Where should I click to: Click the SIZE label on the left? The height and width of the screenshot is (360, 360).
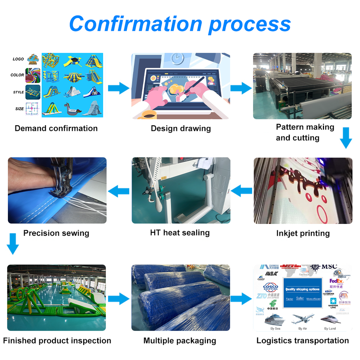pos(19,109)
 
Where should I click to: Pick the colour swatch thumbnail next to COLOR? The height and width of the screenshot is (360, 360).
pos(33,75)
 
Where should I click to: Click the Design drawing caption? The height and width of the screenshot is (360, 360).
pos(181,129)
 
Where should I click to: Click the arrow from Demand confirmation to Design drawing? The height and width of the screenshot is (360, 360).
pos(118,88)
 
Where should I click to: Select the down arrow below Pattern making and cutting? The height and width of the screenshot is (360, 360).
pos(345,138)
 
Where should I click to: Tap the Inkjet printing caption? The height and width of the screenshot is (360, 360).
pos(303,233)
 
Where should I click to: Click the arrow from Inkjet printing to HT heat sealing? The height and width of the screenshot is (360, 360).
pos(241,191)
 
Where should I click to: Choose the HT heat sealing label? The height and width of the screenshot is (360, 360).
pos(180,233)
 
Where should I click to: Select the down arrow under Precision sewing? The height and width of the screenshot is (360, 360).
pos(13,244)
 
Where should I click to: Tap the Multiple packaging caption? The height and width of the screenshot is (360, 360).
pos(180,341)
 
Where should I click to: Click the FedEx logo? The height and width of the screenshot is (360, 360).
pos(336,281)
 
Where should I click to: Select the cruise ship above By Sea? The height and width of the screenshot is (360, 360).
pos(275,319)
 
